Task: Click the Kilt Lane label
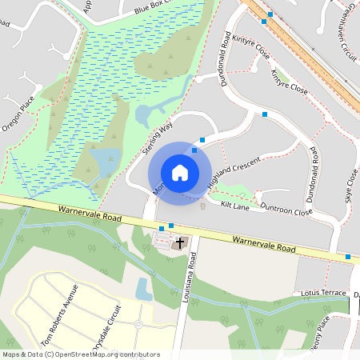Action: [x=235, y=206]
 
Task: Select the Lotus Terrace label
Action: [x=324, y=294]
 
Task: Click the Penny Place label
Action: [x=322, y=327]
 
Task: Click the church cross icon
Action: [x=180, y=242]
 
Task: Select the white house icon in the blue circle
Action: [x=180, y=173]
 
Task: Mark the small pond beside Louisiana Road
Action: [x=144, y=288]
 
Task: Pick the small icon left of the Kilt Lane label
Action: [x=202, y=206]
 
